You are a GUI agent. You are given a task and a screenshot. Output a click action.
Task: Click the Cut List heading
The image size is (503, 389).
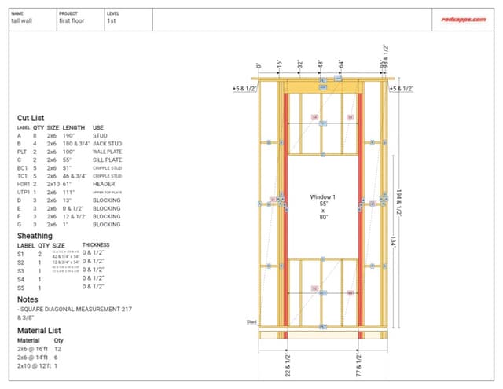[32, 118]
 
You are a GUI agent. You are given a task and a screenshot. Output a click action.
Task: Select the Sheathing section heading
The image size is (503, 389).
[35, 235]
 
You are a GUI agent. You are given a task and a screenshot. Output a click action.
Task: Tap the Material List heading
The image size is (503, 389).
[39, 331]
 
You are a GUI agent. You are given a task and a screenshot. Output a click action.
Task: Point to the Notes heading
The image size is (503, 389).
[27, 299]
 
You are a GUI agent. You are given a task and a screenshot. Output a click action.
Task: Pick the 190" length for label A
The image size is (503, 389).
[69, 135]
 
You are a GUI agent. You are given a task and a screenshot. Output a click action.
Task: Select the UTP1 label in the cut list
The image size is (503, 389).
[24, 192]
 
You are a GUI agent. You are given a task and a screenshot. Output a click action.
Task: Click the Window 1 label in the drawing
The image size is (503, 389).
[322, 196]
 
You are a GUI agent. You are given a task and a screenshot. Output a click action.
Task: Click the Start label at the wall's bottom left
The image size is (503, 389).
[251, 322]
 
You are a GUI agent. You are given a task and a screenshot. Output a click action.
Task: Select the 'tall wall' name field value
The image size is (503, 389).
[21, 21]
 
